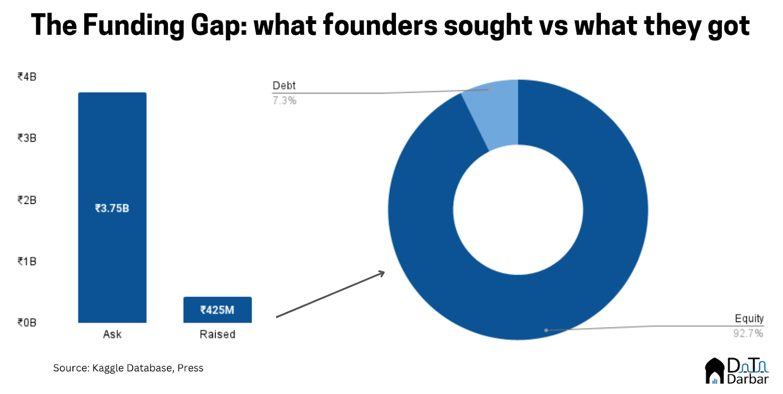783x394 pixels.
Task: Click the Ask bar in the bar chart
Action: [x=112, y=147]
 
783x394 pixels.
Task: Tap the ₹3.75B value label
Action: [x=112, y=208]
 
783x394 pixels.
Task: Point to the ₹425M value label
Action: [x=217, y=310]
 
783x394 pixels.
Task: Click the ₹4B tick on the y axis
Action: [x=27, y=77]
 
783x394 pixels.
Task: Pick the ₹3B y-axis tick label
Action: [x=27, y=138]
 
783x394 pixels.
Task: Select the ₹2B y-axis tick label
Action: [x=27, y=200]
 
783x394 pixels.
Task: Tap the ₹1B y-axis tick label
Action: [x=27, y=261]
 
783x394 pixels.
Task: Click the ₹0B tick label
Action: [x=27, y=322]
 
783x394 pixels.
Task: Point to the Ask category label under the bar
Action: [x=112, y=334]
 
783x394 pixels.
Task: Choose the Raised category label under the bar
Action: [x=217, y=334]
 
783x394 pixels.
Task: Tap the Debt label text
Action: [x=284, y=85]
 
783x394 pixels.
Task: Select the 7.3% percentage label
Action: [x=284, y=100]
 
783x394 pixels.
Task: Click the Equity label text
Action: [x=749, y=319]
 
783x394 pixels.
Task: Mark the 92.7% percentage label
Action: [x=748, y=334]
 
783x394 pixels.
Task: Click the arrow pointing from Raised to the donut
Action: [x=330, y=295]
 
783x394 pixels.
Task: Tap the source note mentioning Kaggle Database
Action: [x=128, y=368]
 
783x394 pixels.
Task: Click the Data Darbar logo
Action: [x=737, y=371]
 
